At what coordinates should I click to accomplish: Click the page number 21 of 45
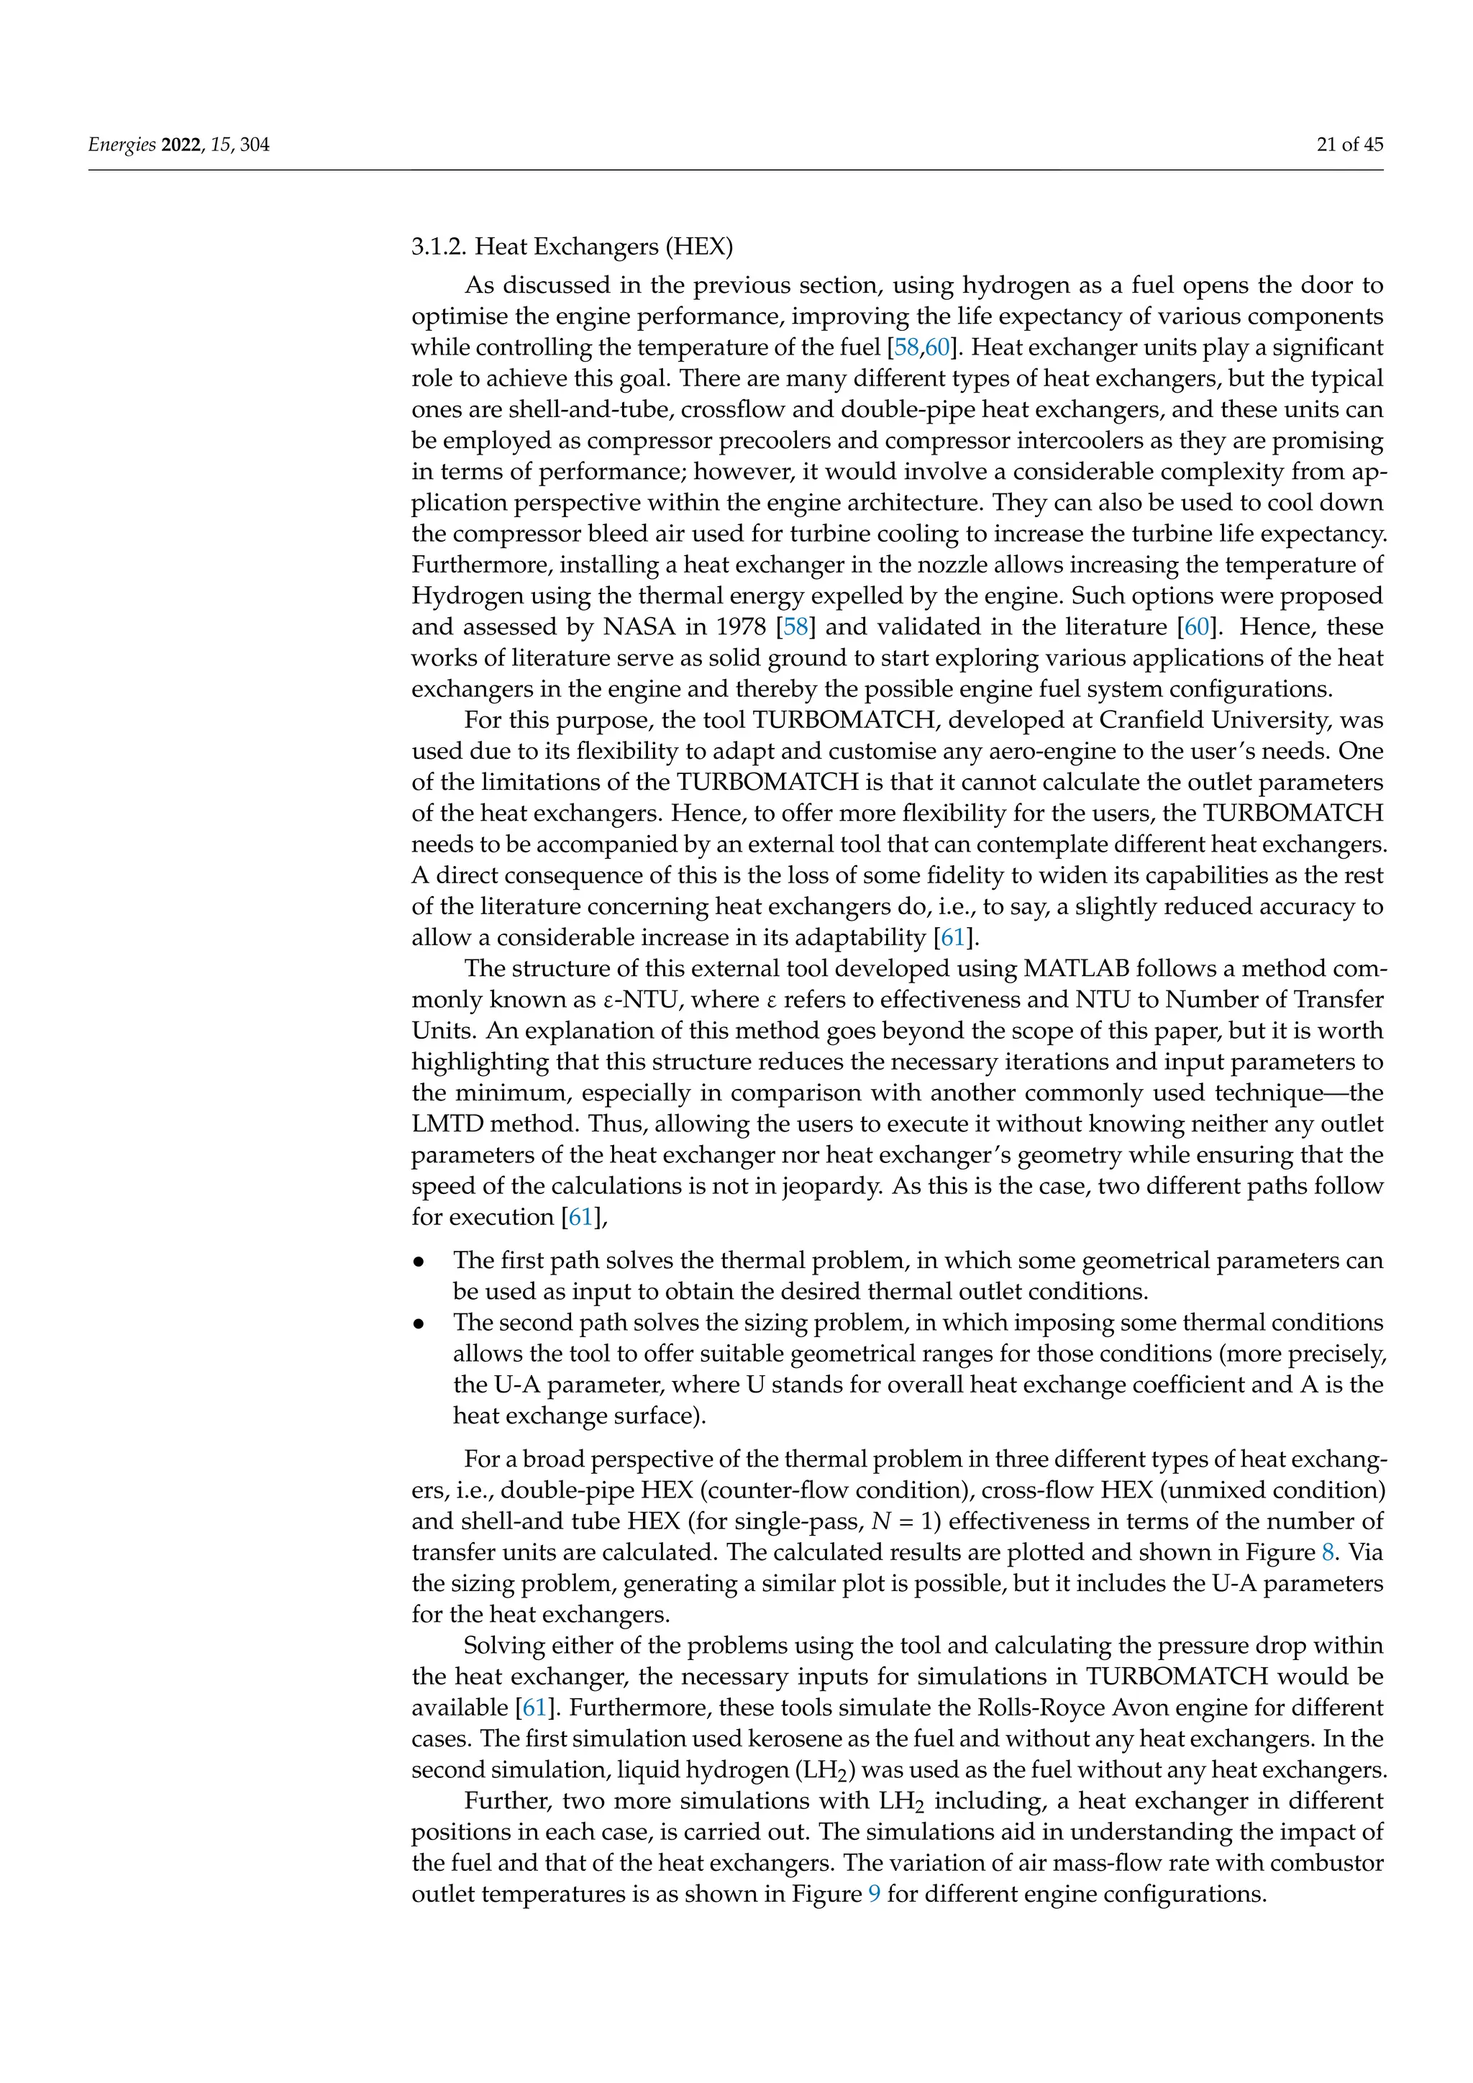click(x=1349, y=145)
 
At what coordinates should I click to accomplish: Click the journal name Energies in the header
click(x=122, y=145)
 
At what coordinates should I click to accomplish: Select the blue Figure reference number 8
click(x=1328, y=1551)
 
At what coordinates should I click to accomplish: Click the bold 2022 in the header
click(x=181, y=145)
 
